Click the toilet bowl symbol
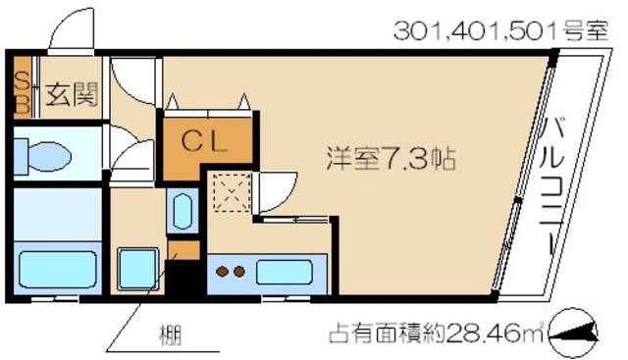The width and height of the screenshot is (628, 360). point(45,154)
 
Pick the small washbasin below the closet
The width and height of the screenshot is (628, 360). point(182,212)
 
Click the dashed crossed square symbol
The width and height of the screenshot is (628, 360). point(234,191)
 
